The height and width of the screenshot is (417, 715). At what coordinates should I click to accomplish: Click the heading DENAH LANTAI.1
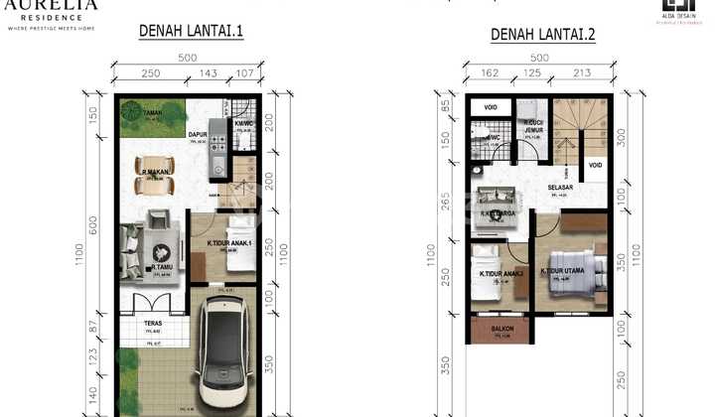(x=190, y=32)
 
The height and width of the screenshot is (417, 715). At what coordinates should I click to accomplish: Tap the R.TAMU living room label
(x=162, y=266)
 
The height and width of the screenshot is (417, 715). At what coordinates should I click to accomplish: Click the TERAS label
(x=153, y=323)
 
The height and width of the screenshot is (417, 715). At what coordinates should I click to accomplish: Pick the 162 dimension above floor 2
(x=490, y=72)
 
